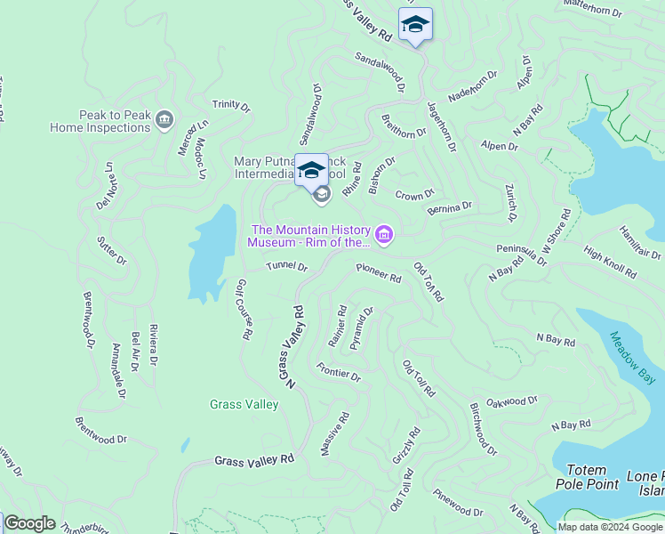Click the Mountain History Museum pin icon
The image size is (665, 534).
[384, 234]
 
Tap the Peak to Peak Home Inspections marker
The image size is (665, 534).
[164, 119]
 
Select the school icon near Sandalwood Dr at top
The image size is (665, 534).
[414, 25]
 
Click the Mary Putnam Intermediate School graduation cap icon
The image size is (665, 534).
[311, 169]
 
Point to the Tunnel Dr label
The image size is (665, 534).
[286, 266]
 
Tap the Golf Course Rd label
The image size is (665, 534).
[244, 310]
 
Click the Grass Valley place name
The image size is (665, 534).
[244, 404]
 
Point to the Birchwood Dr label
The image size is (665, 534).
[484, 428]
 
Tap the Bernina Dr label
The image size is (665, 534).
[449, 207]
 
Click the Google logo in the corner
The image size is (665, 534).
[29, 523]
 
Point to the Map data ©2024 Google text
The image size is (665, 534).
[610, 527]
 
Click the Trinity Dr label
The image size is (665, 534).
[231, 104]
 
